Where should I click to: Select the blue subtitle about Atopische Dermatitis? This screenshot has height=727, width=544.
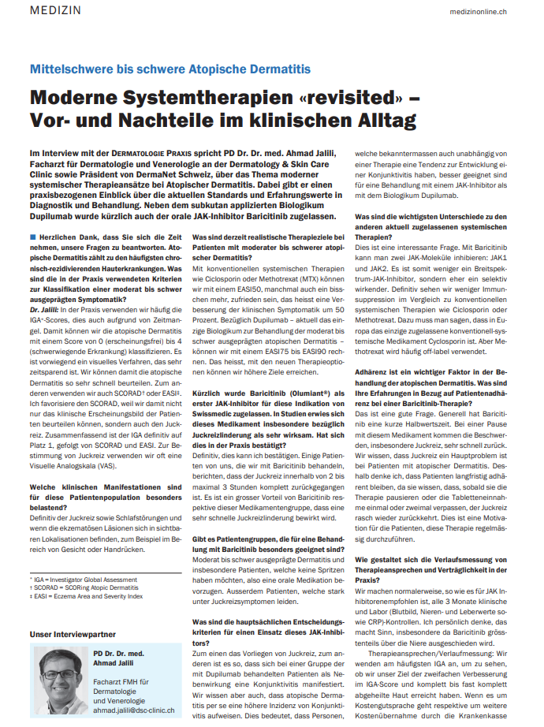pos(170,69)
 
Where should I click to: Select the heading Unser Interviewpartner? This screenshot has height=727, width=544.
pos(73,634)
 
